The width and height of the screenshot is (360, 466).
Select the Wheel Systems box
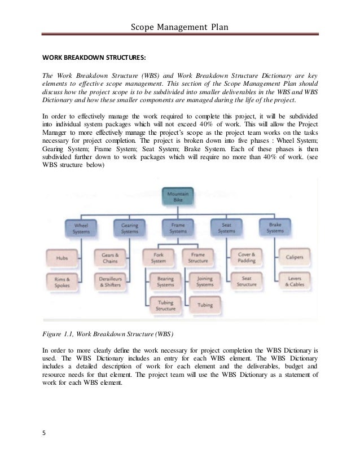(81, 227)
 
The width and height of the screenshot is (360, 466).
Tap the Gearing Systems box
(130, 227)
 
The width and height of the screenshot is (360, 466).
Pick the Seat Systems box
(226, 227)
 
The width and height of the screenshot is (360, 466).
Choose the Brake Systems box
(275, 227)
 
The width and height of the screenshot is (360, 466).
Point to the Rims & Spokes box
(63, 282)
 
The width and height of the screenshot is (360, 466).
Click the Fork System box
(158, 258)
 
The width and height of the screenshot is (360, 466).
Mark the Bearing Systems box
(165, 282)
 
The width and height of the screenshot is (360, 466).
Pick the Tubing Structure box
(165, 305)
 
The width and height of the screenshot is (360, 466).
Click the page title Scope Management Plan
(179, 27)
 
